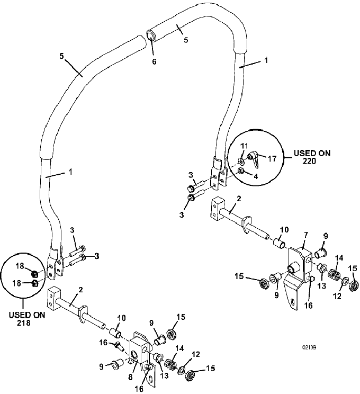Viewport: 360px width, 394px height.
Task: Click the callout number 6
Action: tap(154, 61)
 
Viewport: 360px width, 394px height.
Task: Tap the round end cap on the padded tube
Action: tap(150, 36)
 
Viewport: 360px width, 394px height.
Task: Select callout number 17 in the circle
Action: tap(272, 159)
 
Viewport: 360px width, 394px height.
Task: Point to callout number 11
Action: tap(244, 146)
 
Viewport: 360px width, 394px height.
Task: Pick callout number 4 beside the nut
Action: tap(256, 176)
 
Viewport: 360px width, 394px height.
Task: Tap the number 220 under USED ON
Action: tap(309, 161)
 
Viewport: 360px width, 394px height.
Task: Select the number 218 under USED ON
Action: tap(24, 323)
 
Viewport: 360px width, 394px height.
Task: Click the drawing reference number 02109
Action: tap(309, 347)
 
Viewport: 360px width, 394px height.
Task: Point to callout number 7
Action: tap(305, 235)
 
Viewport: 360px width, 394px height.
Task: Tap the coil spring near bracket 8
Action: tap(170, 364)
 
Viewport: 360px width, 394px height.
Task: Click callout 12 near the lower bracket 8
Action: tap(196, 354)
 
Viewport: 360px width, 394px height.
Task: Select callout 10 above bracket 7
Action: tap(284, 230)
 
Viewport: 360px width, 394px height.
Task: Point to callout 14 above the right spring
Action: tap(339, 258)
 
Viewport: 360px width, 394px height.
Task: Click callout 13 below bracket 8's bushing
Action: tap(164, 376)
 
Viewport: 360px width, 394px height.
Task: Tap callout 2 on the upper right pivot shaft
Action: tap(239, 199)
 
